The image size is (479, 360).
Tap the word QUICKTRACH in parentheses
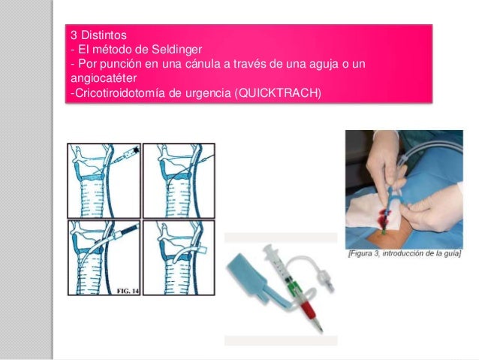click(x=278, y=92)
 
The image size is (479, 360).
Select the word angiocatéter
click(x=104, y=78)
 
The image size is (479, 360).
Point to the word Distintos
click(x=104, y=35)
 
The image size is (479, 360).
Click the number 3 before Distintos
click(x=74, y=35)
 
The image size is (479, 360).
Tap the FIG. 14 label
click(x=128, y=291)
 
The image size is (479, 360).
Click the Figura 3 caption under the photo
click(x=405, y=253)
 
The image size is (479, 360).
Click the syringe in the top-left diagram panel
click(x=125, y=156)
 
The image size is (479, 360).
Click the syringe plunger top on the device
click(x=270, y=252)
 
